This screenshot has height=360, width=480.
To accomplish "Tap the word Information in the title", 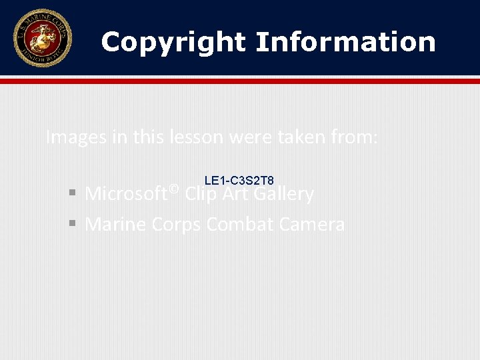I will click(345, 42).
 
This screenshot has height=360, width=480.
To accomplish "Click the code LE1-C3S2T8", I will click(239, 181).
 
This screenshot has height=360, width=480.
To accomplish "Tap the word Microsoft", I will click(126, 195).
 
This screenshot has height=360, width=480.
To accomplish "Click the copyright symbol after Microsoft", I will click(174, 189).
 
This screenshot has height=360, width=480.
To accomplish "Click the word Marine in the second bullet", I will click(116, 225).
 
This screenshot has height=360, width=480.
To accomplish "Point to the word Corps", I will click(176, 225).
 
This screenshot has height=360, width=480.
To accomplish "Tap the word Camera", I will click(312, 225).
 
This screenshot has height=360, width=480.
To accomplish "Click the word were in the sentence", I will click(247, 138).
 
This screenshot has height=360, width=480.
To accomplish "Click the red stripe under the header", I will click(240, 81).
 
